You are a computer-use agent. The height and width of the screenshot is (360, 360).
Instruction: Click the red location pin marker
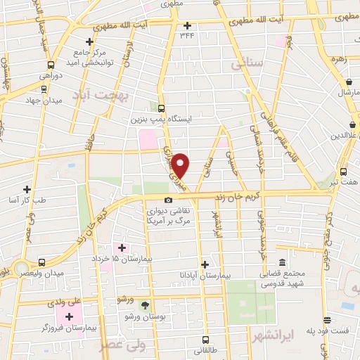pos(181,165)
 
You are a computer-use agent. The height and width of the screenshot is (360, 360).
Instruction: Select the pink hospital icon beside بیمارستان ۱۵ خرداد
pos(122,247)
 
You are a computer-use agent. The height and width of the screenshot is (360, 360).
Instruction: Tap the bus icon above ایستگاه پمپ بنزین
pos(162,108)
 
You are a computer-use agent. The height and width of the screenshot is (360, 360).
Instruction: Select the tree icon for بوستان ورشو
pos(146,306)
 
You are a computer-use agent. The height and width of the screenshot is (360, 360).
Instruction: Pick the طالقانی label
pos(207,349)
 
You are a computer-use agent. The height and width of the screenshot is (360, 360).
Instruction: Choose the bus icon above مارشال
pos(346,81)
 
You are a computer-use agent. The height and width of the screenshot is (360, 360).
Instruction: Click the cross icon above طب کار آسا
pos(27,188)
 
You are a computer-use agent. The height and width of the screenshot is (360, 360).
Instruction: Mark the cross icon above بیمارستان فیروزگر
pos(69,316)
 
